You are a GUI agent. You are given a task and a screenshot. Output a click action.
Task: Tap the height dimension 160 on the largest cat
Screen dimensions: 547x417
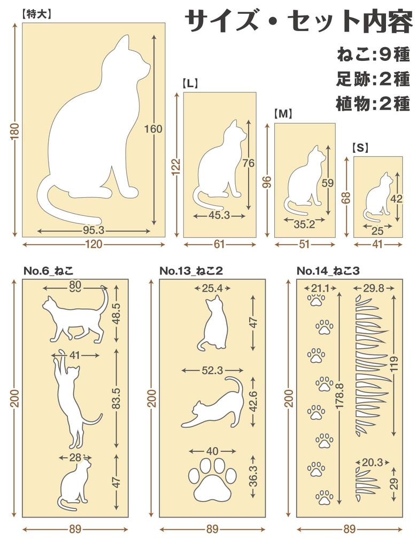[153, 129]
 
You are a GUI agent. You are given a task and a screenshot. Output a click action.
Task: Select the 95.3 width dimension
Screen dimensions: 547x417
[94, 231]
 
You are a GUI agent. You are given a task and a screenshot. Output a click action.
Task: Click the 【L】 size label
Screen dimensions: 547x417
[190, 83]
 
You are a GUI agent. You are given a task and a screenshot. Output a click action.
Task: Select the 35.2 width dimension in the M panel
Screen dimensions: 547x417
[304, 224]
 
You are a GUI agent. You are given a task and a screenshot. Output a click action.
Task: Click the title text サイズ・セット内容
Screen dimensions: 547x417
[299, 22]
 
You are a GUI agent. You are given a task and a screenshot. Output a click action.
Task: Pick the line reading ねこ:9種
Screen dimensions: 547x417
[373, 54]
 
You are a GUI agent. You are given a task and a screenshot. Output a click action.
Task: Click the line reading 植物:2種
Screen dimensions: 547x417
[373, 103]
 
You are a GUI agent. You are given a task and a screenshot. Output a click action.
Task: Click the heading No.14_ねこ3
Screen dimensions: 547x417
[328, 271]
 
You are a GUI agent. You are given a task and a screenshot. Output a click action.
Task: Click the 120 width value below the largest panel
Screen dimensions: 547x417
[94, 244]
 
